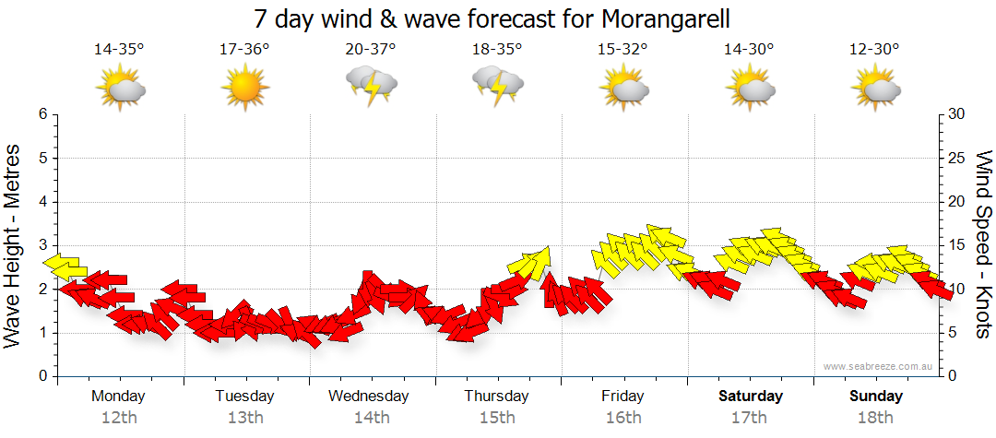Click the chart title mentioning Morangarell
498,18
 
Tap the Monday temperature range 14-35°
119,49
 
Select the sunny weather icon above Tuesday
244,89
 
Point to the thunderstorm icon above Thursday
497,86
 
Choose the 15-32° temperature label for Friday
622,49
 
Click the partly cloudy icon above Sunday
874,89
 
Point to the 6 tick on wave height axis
41,114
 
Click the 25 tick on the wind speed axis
957,159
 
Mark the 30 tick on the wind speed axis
957,114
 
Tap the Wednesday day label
369,397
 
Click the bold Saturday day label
751,397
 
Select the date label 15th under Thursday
497,417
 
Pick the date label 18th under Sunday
875,417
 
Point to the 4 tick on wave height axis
41,202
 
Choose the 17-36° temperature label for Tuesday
244,49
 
